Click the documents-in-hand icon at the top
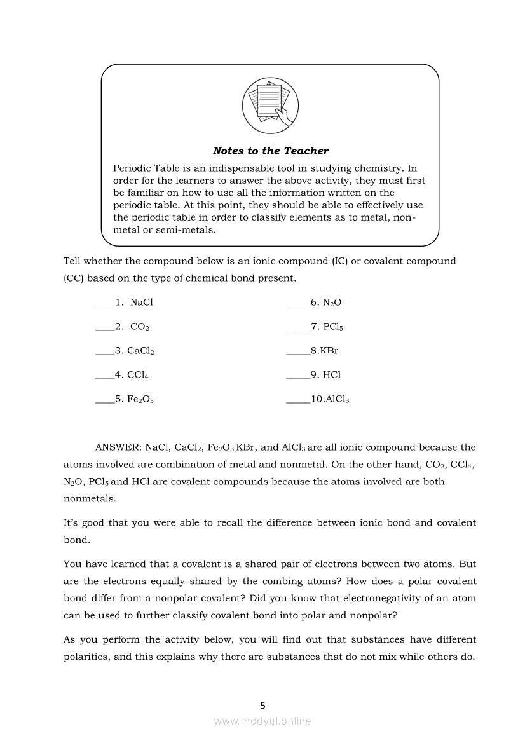point(270,103)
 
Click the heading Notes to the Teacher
point(270,151)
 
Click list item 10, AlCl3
point(330,400)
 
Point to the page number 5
point(263,705)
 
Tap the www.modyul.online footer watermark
point(262,721)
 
